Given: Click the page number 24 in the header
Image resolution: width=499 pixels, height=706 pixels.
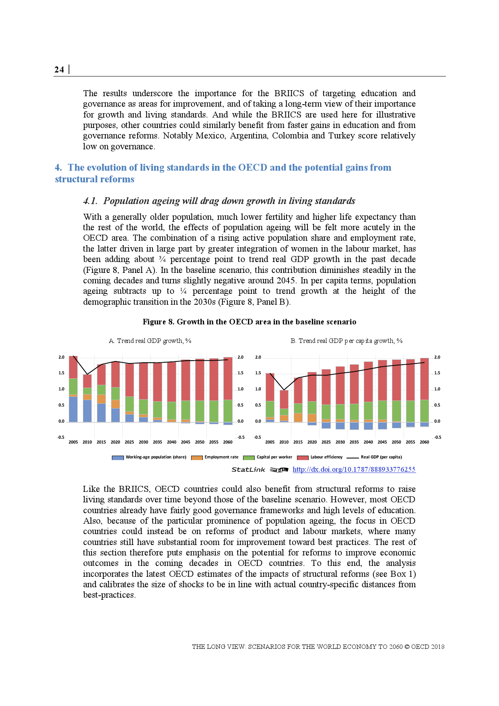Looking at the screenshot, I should pyautogui.click(x=59, y=70).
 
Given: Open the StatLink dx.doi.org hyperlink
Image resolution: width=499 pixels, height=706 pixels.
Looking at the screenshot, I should pyautogui.click(x=354, y=469).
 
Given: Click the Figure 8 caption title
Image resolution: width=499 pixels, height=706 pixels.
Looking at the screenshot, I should pyautogui.click(x=249, y=322).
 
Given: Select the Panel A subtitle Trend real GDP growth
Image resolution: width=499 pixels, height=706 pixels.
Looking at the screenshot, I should pyautogui.click(x=150, y=341).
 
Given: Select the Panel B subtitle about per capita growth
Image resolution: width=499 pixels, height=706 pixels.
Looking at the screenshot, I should pyautogui.click(x=346, y=341).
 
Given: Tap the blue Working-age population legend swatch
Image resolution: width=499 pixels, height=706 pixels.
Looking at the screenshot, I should pyautogui.click(x=118, y=458).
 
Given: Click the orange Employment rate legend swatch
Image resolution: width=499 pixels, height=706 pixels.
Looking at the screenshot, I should pyautogui.click(x=197, y=458).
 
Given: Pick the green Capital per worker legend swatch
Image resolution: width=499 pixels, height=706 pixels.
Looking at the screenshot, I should pyautogui.click(x=249, y=458).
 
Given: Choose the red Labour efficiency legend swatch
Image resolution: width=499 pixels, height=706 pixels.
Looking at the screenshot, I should pyautogui.click(x=303, y=458).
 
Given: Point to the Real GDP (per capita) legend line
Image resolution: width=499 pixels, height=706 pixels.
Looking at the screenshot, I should pyautogui.click(x=353, y=458).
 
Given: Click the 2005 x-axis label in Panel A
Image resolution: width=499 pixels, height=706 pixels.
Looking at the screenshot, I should pyautogui.click(x=73, y=442).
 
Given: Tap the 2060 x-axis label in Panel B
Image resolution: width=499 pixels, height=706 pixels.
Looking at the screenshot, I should pyautogui.click(x=424, y=442).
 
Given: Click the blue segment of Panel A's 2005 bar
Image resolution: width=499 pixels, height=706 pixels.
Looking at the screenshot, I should pyautogui.click(x=73, y=409).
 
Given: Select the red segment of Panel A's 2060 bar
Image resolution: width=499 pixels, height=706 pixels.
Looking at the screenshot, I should pyautogui.click(x=228, y=378).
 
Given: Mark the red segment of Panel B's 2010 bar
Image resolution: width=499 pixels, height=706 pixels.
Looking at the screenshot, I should pyautogui.click(x=284, y=399).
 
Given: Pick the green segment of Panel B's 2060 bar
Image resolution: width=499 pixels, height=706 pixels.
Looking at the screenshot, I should pyautogui.click(x=424, y=411).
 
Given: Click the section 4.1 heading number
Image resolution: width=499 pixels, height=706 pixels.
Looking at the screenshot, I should pyautogui.click(x=90, y=201).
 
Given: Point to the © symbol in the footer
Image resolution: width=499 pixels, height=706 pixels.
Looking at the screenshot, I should pyautogui.click(x=406, y=647).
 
